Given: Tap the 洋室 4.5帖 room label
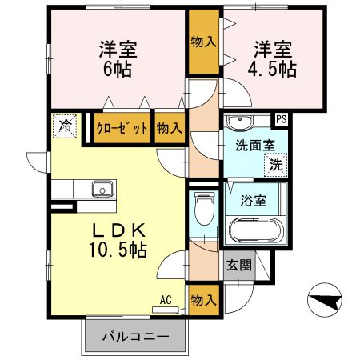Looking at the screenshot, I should [276, 58].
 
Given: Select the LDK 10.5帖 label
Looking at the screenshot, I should [118, 239].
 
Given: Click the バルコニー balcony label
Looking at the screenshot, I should [135, 337].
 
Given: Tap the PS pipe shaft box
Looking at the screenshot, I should [281, 120].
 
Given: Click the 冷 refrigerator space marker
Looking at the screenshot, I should [66, 126].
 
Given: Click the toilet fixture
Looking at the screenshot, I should [205, 210].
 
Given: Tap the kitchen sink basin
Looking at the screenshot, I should [102, 190].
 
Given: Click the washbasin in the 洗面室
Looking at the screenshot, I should [238, 122].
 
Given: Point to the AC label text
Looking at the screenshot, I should [166, 300].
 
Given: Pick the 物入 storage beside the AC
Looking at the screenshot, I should [203, 301].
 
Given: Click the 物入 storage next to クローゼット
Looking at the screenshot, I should [169, 128].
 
